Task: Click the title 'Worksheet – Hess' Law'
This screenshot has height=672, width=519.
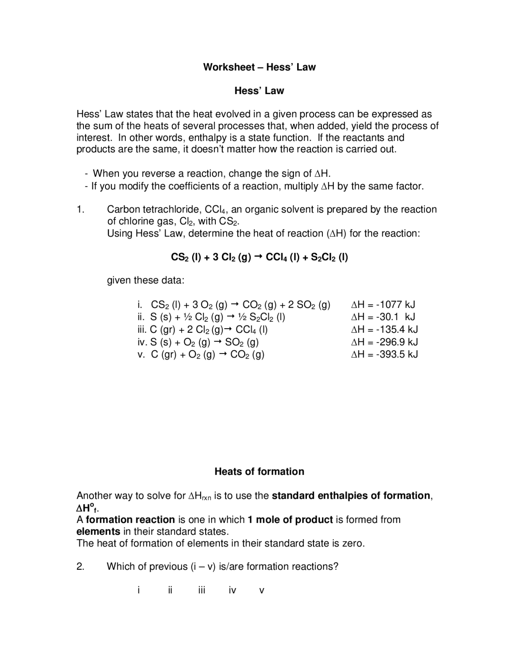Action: pyautogui.click(x=259, y=67)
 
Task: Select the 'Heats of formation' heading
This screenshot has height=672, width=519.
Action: pyautogui.click(x=259, y=472)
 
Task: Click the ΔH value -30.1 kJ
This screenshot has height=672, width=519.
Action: pyautogui.click(x=395, y=317)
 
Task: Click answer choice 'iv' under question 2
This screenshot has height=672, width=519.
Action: pyautogui.click(x=232, y=590)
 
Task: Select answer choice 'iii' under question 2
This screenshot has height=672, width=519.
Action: pyautogui.click(x=202, y=590)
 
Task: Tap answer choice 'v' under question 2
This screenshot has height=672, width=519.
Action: pyautogui.click(x=262, y=591)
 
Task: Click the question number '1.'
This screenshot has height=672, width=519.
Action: pyautogui.click(x=80, y=210)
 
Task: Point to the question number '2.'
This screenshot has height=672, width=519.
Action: pyautogui.click(x=80, y=566)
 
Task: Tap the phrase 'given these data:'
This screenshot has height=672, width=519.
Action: pyautogui.click(x=146, y=280)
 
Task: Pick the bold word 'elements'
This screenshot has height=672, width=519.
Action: pyautogui.click(x=98, y=532)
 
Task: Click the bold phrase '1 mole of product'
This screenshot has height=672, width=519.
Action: pyautogui.click(x=290, y=520)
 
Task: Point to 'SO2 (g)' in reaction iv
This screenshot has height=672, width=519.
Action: pyautogui.click(x=242, y=342)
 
